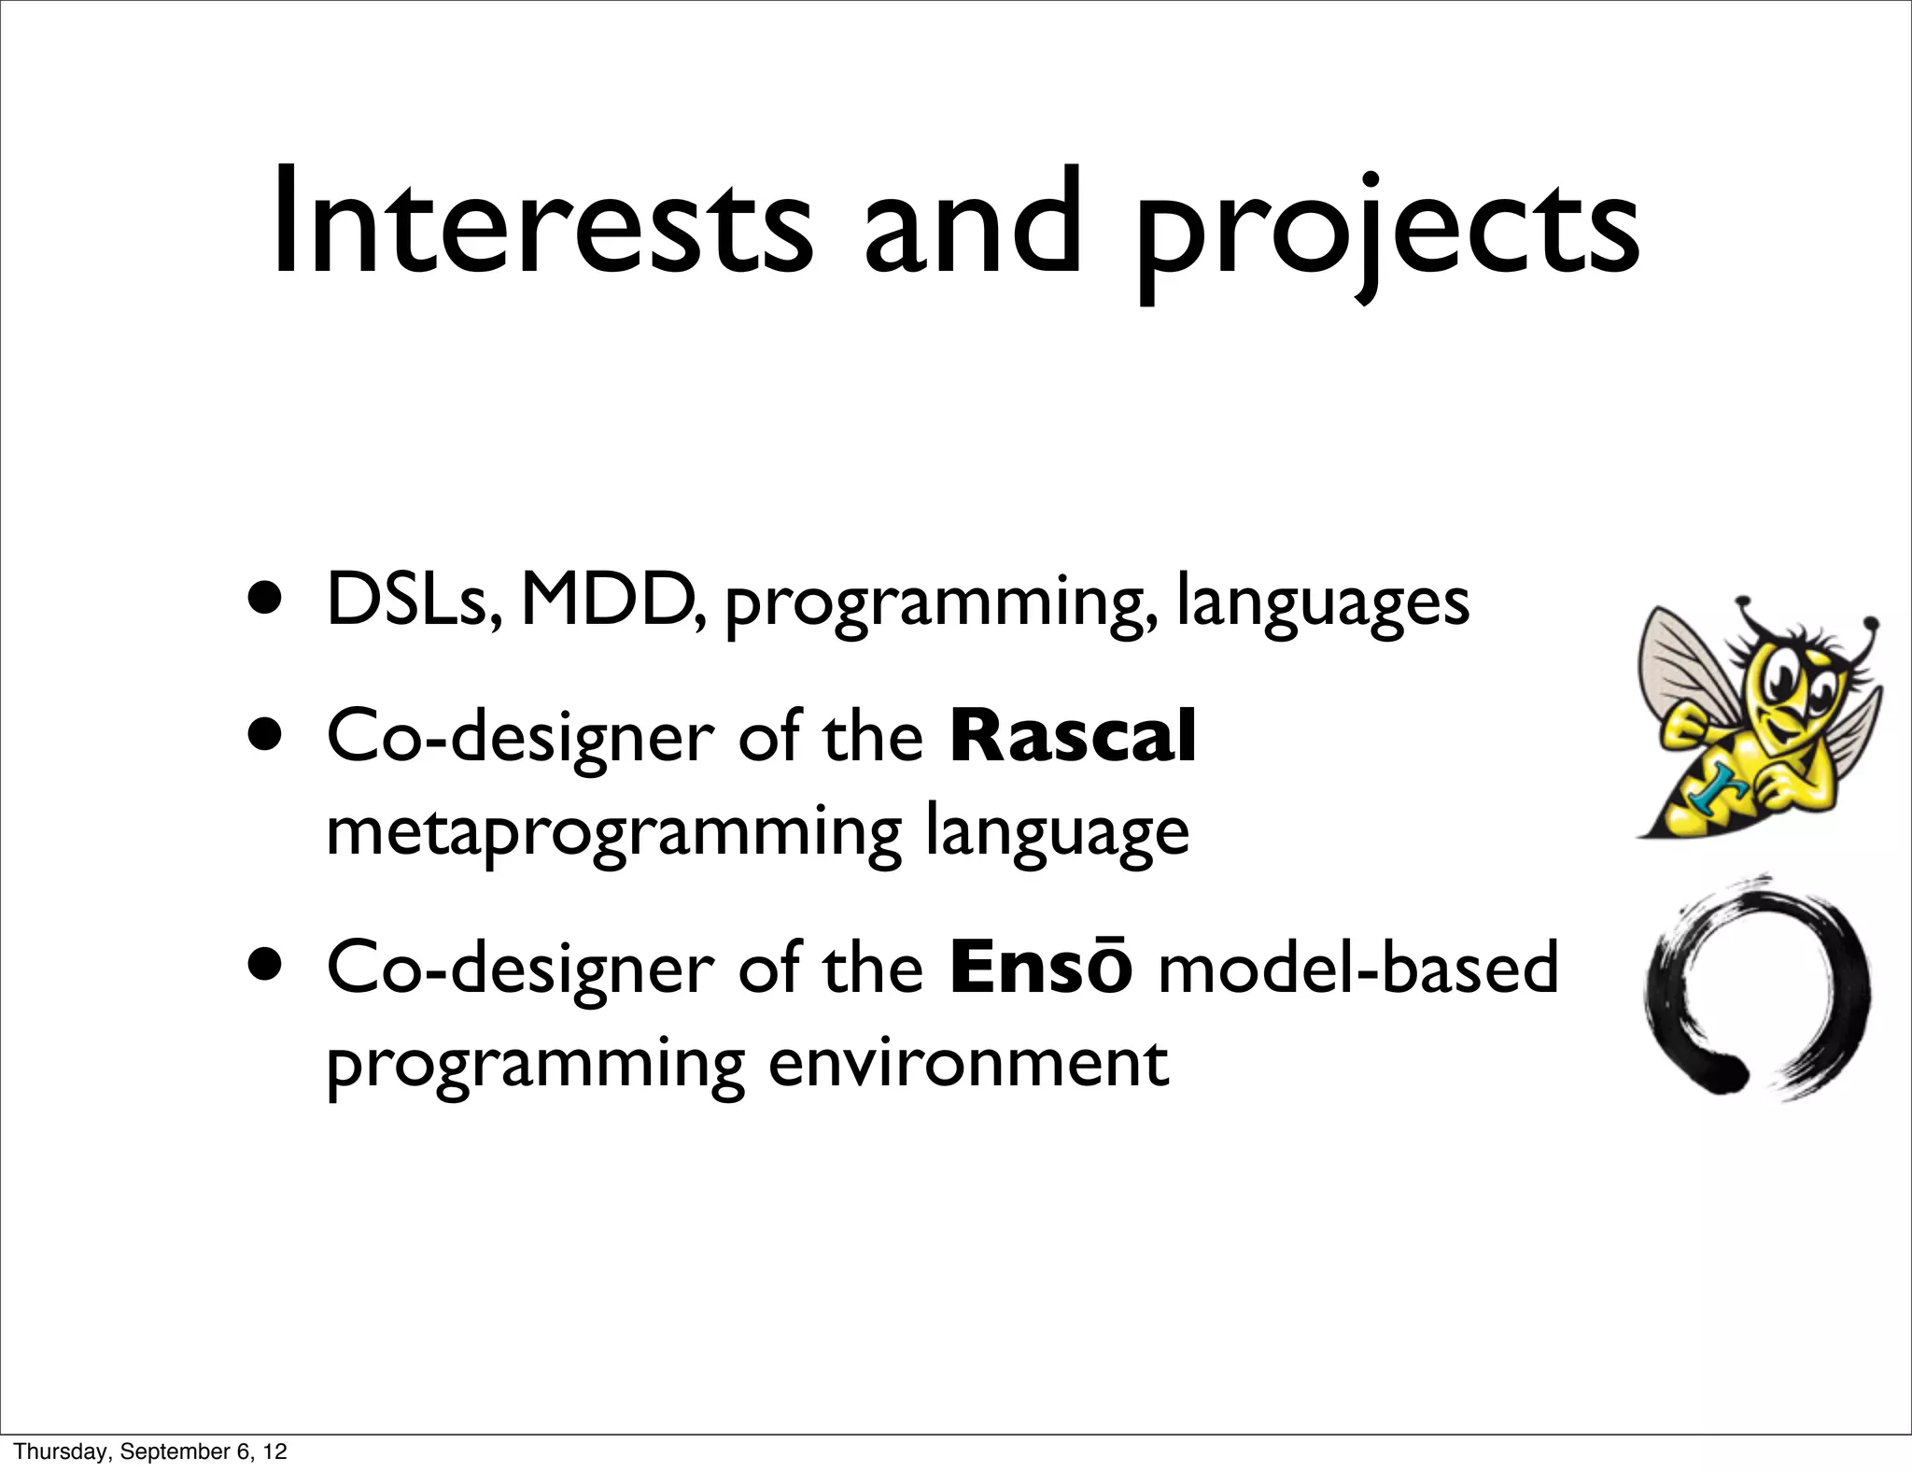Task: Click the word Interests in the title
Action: click(541, 224)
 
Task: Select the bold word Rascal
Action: click(1073, 737)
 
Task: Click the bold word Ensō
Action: click(1041, 968)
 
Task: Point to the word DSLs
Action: click(416, 601)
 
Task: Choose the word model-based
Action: click(1357, 968)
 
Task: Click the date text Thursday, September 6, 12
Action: click(150, 1451)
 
